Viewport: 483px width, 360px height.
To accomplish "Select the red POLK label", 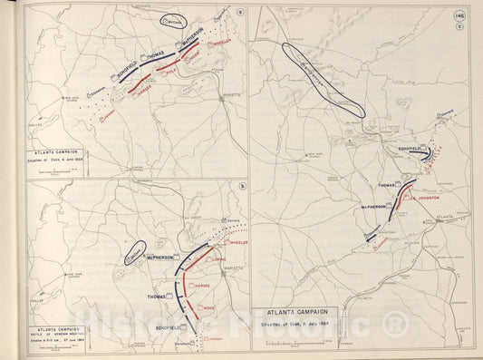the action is pyautogui.click(x=169, y=72).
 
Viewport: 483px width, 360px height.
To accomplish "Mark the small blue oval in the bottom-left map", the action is pyautogui.click(x=136, y=253).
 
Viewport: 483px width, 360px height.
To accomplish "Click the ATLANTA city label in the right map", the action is pyautogui.click(x=444, y=217).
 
